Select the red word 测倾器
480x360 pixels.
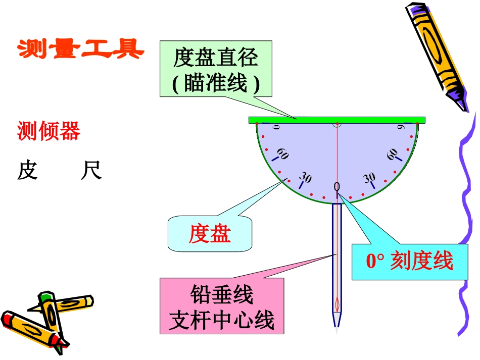(x=49, y=132)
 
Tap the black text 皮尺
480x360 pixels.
(x=59, y=171)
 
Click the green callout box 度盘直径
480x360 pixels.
(x=216, y=69)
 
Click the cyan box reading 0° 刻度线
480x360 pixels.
(x=409, y=262)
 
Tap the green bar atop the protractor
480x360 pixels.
(x=337, y=120)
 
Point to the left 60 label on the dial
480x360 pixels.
(x=282, y=154)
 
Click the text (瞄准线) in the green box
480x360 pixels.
(x=216, y=83)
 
